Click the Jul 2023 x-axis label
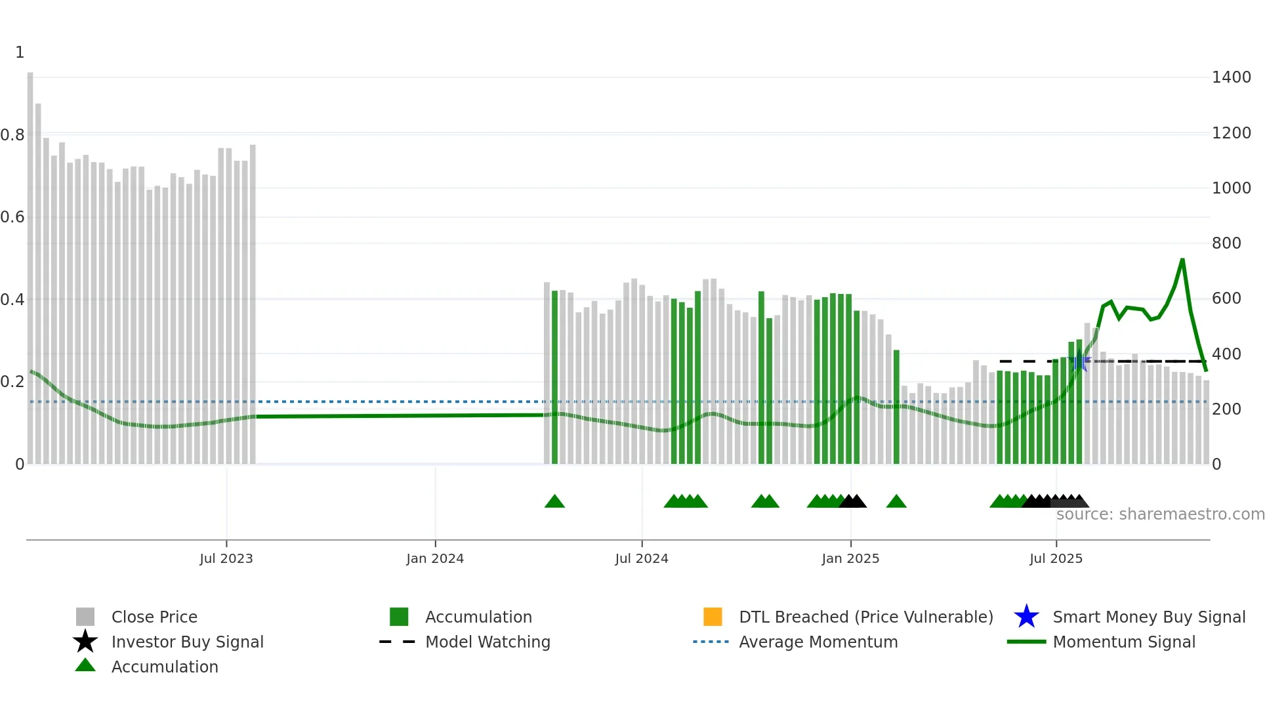coord(226,558)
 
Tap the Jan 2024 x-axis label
coord(435,558)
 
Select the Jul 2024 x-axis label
coord(642,558)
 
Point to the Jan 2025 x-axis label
coord(850,558)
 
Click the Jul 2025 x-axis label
coord(1056,558)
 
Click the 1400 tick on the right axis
coord(1232,77)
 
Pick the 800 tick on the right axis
coord(1226,243)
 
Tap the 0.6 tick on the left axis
coord(13,217)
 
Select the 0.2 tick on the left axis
coord(13,382)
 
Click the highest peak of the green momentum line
coord(1182,260)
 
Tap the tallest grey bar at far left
coord(30,262)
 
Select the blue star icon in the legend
coord(1027,617)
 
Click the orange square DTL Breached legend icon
coord(713,617)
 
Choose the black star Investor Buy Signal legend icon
coord(85,642)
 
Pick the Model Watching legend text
coord(487,642)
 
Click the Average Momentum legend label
coord(818,642)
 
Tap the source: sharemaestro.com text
coord(1160,514)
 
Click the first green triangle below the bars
coord(554,502)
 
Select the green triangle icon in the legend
coord(85,666)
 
